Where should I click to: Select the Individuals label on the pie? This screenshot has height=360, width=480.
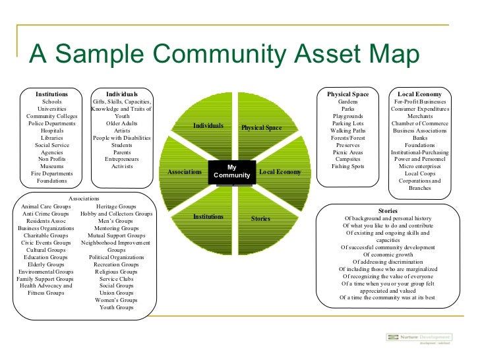tap(208, 125)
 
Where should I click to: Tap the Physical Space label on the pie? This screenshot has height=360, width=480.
tap(261, 127)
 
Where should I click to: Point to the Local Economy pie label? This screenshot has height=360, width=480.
tap(280, 172)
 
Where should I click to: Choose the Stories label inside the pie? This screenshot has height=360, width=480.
tap(260, 218)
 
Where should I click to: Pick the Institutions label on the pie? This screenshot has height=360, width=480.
tap(208, 216)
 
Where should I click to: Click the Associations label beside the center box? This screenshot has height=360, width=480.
tap(185, 171)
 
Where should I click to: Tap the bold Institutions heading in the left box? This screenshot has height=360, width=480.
tap(51, 94)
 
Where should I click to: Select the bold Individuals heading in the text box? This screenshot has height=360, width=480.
tap(122, 94)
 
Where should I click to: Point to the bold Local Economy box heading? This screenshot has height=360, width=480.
tap(419, 94)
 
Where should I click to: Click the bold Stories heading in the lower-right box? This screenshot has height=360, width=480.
tap(388, 210)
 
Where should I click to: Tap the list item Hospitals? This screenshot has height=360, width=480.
tap(52, 131)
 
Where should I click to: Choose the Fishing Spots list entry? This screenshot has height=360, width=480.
tap(348, 167)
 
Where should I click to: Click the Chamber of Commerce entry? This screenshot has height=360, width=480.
tap(420, 123)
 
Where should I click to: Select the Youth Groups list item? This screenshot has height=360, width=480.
tap(116, 307)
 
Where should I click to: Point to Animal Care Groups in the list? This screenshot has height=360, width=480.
tap(45, 206)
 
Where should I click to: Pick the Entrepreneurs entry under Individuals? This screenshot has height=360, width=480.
tap(122, 160)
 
